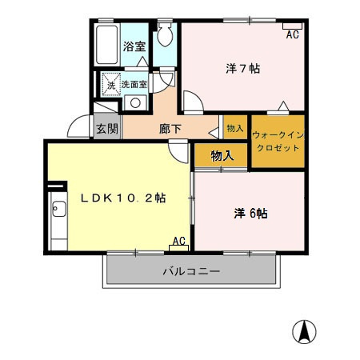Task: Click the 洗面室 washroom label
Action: (x=134, y=84)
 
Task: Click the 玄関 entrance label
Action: (x=106, y=128)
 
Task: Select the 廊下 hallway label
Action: (x=170, y=128)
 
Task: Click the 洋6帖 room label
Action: (x=250, y=213)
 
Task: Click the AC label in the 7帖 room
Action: (x=292, y=34)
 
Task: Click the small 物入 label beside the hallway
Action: (x=234, y=129)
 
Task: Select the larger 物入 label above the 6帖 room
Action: (x=222, y=156)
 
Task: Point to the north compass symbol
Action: (x=306, y=330)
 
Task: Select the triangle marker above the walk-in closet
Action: (x=282, y=106)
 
